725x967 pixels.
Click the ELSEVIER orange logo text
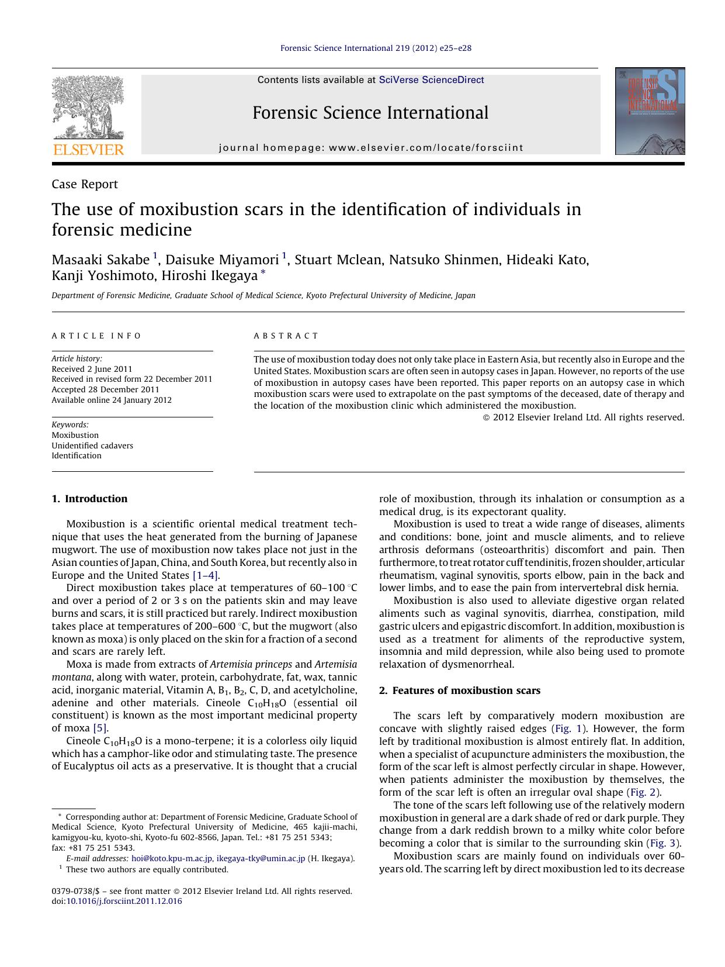point(88,150)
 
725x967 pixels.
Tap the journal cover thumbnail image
point(650,111)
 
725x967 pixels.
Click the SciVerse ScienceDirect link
point(431,80)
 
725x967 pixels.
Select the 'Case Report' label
point(85,184)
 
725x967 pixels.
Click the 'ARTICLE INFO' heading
point(96,336)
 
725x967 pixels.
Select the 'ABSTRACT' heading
point(286,336)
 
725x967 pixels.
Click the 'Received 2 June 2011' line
point(92,369)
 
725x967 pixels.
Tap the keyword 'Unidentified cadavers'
point(92,445)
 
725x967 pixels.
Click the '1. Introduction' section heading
point(89,499)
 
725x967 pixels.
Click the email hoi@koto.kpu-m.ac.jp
point(172,858)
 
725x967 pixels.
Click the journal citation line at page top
point(376,48)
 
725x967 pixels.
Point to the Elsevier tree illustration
point(88,108)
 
